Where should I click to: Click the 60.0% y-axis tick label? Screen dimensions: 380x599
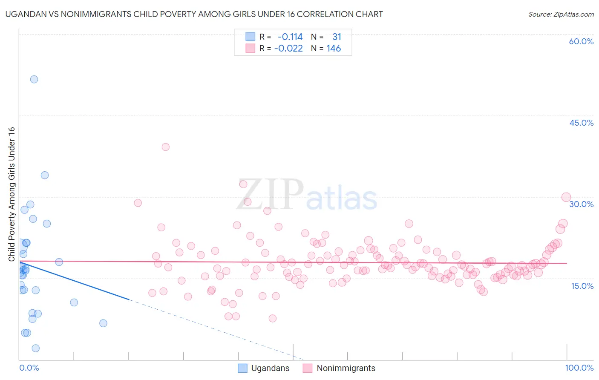point(581,41)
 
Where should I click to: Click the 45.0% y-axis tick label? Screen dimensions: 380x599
point(581,123)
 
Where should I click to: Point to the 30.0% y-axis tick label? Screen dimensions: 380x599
point(581,204)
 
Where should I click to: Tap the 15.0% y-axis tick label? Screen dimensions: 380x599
point(582,286)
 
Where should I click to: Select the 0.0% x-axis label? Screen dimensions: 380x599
point(29,368)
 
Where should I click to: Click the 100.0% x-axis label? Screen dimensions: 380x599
point(579,368)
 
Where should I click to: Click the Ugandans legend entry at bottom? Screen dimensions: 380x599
point(263,368)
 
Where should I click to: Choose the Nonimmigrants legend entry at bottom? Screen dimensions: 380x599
point(339,368)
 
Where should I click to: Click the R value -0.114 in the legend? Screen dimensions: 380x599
point(290,37)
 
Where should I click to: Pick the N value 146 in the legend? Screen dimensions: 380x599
point(334,49)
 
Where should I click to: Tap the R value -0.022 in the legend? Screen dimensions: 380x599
point(288,49)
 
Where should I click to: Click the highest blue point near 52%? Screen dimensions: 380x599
point(34,79)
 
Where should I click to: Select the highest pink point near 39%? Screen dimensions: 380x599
point(166,147)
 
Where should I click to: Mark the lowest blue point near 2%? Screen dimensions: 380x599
point(36,348)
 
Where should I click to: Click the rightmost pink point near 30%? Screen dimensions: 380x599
point(566,197)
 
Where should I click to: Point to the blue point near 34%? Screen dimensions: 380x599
point(45,175)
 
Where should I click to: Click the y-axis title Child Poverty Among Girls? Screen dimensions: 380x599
point(12,194)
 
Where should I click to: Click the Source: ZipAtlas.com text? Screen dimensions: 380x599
point(561,14)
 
